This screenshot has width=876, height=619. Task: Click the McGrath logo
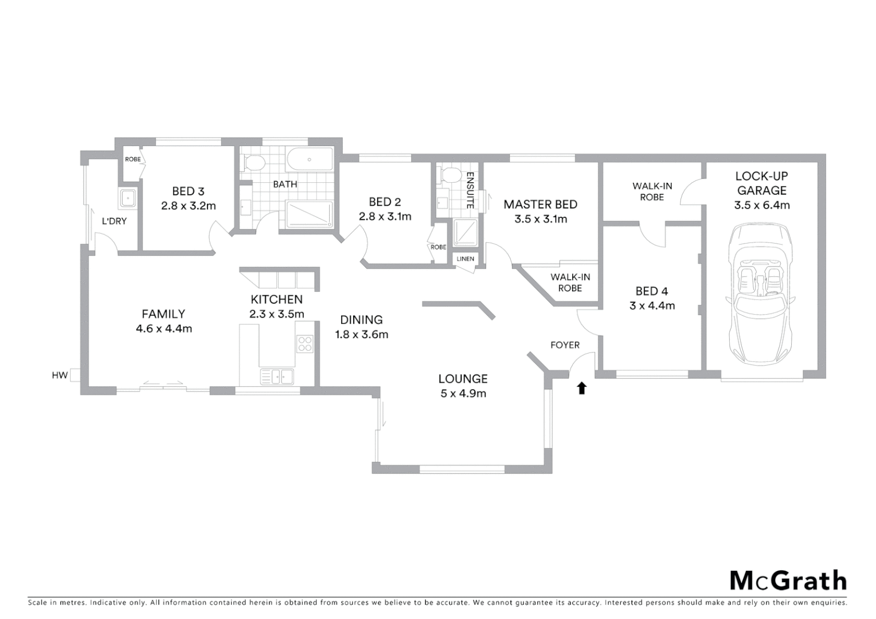[x=788, y=580]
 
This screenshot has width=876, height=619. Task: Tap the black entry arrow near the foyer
[x=581, y=388]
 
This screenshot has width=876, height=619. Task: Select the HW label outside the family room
[x=60, y=375]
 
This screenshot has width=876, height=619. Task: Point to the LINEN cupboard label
[x=465, y=259]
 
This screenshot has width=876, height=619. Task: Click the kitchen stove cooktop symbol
[x=304, y=343]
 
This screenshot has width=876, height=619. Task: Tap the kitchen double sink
[x=277, y=377]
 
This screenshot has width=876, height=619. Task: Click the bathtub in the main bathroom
[x=310, y=160]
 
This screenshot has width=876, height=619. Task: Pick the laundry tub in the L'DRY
[x=127, y=198]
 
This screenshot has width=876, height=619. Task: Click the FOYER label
[x=565, y=345]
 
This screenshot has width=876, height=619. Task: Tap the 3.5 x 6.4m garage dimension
[x=761, y=205]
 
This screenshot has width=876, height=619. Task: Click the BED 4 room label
[x=651, y=291]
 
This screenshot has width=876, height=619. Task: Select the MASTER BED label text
[x=540, y=204]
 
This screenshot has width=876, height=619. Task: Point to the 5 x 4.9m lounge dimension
[x=463, y=393]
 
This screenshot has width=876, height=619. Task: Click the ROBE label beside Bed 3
[x=132, y=159]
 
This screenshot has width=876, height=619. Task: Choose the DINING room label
[x=361, y=320]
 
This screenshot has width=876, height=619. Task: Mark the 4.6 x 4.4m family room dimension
[x=163, y=328]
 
